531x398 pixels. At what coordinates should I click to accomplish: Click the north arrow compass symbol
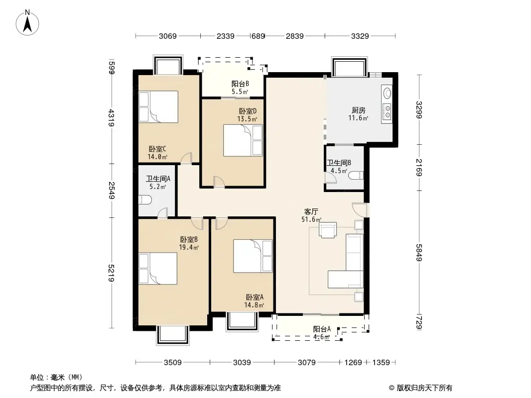27,23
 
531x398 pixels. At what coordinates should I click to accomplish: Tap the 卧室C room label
157,149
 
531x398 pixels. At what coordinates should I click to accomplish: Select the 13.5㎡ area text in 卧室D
247,119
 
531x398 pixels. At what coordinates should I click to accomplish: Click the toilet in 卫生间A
144,200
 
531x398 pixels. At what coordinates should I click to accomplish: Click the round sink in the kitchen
387,93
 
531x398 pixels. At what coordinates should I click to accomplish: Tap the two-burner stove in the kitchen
387,111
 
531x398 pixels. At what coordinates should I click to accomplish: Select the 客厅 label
311,211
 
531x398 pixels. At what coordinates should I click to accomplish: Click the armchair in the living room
327,230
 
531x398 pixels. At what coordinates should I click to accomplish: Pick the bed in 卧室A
253,256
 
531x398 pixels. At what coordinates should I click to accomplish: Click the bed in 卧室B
158,269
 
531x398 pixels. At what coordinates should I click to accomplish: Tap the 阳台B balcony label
240,84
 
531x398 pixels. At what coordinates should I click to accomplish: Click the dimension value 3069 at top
168,36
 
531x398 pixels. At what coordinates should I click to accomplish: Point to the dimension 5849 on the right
419,252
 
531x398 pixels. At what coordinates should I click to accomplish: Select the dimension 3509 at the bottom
173,363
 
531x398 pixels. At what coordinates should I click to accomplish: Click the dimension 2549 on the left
112,191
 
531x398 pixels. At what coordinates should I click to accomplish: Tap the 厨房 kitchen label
358,110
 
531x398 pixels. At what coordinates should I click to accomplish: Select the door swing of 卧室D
219,182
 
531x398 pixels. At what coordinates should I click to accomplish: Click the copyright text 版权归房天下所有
424,388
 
